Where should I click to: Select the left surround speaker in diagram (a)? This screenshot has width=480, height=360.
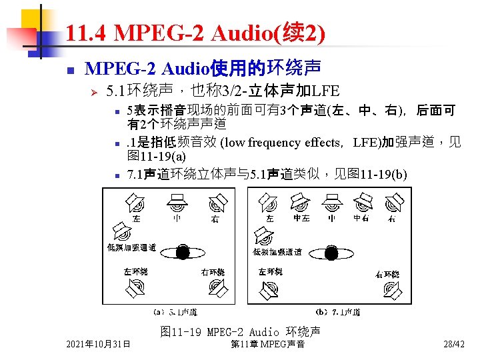click(x=135, y=287)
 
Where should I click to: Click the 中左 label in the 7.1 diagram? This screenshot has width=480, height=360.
click(x=302, y=218)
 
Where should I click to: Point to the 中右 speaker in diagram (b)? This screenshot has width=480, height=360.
click(x=364, y=200)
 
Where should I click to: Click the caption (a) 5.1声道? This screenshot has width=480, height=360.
click(x=175, y=312)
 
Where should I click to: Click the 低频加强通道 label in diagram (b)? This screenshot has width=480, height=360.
click(x=277, y=252)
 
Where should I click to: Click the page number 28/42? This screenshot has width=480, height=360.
click(x=454, y=344)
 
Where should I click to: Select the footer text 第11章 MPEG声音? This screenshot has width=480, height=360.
click(x=267, y=344)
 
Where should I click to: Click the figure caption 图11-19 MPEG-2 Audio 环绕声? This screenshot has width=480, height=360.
click(x=240, y=331)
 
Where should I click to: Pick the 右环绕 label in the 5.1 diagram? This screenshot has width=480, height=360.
click(x=213, y=272)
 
